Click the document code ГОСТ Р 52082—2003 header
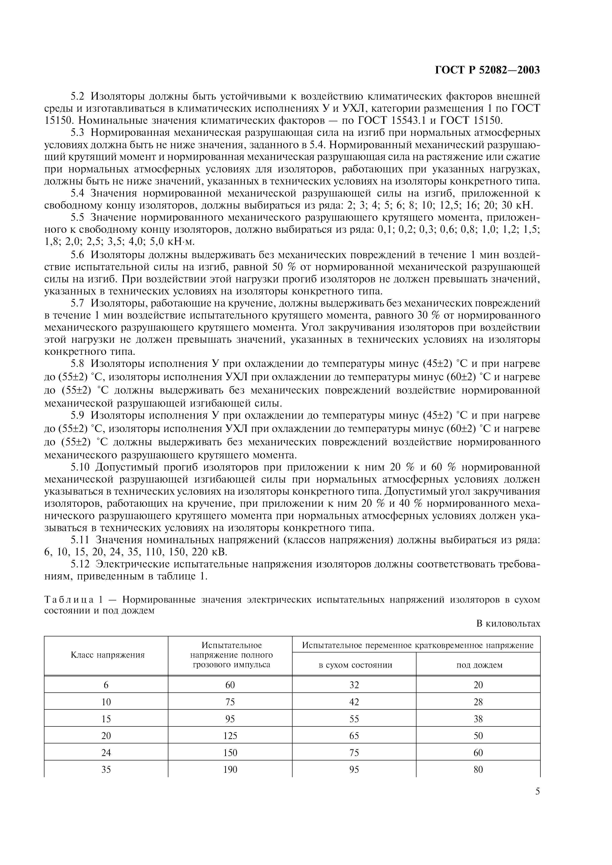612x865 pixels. point(488,70)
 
